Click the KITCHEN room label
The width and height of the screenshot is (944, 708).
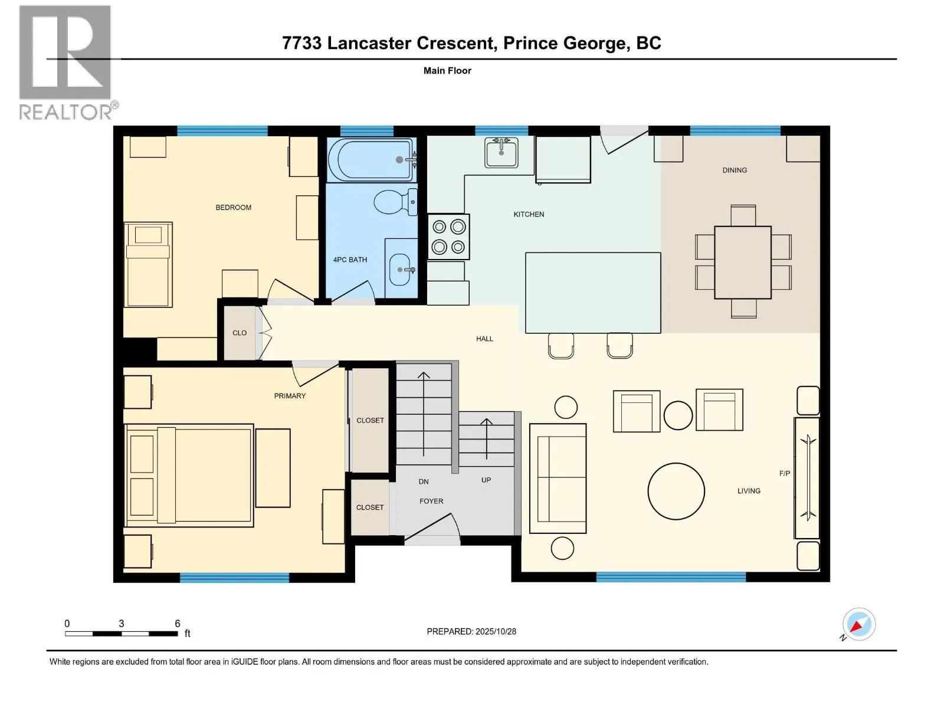click(529, 214)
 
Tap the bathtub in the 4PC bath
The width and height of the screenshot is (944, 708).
click(370, 159)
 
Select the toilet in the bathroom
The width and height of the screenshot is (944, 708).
click(394, 202)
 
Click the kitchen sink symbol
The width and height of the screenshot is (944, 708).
click(501, 153)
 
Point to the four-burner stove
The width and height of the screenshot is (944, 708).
click(448, 237)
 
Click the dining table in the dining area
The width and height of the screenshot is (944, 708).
click(743, 263)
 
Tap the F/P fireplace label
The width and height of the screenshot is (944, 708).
click(784, 473)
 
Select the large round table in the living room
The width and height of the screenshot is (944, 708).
click(676, 491)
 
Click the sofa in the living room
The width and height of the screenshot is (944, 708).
click(558, 478)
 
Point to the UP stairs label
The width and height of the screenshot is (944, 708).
click(486, 480)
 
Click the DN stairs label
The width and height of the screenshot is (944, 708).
click(424, 481)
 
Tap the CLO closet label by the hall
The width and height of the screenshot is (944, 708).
click(240, 333)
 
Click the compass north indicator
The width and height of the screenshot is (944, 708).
click(858, 624)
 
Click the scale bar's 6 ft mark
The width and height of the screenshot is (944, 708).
click(177, 624)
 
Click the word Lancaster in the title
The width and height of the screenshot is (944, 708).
click(411, 43)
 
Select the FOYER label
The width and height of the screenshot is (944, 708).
click(431, 501)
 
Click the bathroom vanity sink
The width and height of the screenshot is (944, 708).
click(401, 270)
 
